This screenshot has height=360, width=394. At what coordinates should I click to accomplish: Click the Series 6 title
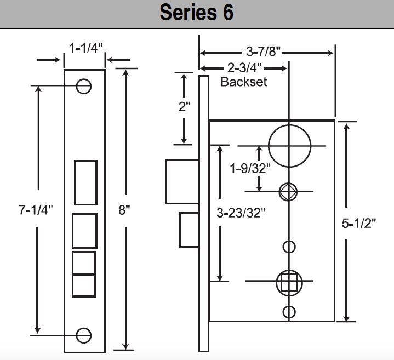point(197,13)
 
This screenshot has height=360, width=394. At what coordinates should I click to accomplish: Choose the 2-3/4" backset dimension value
point(243,68)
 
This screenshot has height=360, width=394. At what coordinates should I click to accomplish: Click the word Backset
point(243,82)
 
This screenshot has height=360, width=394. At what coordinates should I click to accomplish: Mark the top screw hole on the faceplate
point(84,86)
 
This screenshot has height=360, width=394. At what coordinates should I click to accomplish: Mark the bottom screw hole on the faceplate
point(84,334)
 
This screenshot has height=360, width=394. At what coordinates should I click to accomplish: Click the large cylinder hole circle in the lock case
point(290,145)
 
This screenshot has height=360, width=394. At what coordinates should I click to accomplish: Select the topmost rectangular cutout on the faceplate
point(85,182)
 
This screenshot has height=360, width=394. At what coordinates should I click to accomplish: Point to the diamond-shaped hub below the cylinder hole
point(289,191)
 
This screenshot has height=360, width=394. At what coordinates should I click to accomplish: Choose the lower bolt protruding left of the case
point(188,230)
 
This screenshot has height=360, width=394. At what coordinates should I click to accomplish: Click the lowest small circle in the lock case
point(289,312)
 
